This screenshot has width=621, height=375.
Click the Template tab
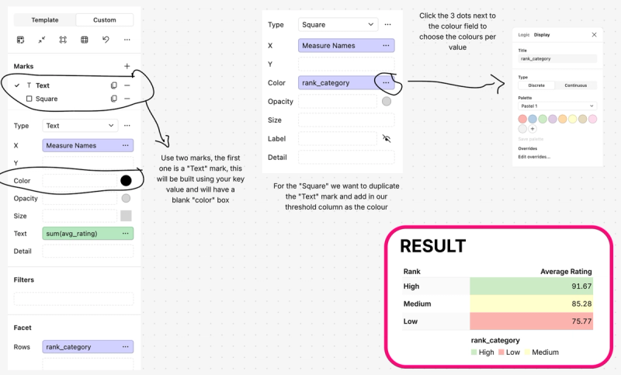44,20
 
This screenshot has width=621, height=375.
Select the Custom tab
105,20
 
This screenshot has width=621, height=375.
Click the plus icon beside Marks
127,67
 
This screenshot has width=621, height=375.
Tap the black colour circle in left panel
126,181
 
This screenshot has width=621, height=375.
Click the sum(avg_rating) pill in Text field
88,234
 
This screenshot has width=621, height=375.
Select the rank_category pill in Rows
88,347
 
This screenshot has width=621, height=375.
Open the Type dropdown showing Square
338,25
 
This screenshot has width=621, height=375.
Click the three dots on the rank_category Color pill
386,83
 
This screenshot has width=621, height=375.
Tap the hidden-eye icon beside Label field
387,138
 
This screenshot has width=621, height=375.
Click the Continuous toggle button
576,85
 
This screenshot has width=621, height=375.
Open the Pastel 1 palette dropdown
557,106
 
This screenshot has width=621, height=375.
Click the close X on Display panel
595,35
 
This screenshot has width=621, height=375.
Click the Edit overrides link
534,157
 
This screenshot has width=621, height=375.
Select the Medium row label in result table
418,304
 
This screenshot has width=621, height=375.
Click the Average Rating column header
566,272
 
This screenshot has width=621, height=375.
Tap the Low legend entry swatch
501,352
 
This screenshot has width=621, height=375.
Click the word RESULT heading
432,247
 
